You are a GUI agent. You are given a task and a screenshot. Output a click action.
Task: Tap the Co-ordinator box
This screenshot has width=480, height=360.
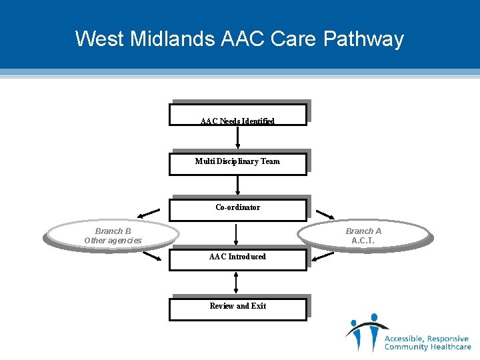coord(237,208)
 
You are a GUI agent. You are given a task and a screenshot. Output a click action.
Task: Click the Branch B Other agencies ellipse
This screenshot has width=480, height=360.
coord(113,235)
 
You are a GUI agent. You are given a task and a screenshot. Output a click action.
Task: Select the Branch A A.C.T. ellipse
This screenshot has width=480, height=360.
coord(363,235)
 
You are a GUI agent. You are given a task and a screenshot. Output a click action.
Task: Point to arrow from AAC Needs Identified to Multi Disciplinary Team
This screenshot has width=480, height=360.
coord(237,137)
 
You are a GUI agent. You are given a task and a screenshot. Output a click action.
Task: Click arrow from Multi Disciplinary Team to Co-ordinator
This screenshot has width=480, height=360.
coord(237,185)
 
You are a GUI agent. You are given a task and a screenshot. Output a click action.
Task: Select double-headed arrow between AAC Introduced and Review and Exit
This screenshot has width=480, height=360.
coord(237,283)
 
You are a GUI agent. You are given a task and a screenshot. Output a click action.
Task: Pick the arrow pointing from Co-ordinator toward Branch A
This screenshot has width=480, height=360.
coord(325,214)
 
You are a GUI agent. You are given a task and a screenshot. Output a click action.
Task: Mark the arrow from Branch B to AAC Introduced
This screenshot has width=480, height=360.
coord(151,255)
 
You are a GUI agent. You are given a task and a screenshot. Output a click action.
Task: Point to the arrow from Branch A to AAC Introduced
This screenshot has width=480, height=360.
coord(323,255)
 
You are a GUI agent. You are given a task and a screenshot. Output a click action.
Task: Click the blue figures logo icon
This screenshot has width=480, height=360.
coord(365,331)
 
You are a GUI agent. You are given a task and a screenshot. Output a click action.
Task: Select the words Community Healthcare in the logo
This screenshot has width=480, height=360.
coord(427,347)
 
